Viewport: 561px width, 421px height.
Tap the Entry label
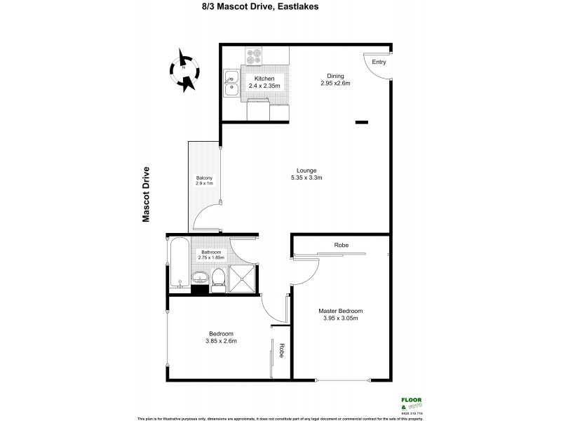pyautogui.click(x=379, y=62)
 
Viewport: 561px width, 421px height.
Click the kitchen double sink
pyautogui.click(x=232, y=84)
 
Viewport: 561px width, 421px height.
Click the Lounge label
pyautogui.click(x=306, y=171)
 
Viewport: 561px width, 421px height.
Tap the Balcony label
pyautogui.click(x=204, y=178)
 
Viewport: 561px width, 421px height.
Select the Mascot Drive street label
pyautogui.click(x=147, y=194)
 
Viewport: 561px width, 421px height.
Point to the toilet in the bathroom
pyautogui.click(x=218, y=279)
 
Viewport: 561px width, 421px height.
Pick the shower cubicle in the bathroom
pyautogui.click(x=243, y=279)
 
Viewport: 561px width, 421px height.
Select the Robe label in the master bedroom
pyautogui.click(x=342, y=245)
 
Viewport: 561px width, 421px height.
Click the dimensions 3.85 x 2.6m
pyautogui.click(x=221, y=342)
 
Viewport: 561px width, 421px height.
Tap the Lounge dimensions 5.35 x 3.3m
pyautogui.click(x=306, y=178)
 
